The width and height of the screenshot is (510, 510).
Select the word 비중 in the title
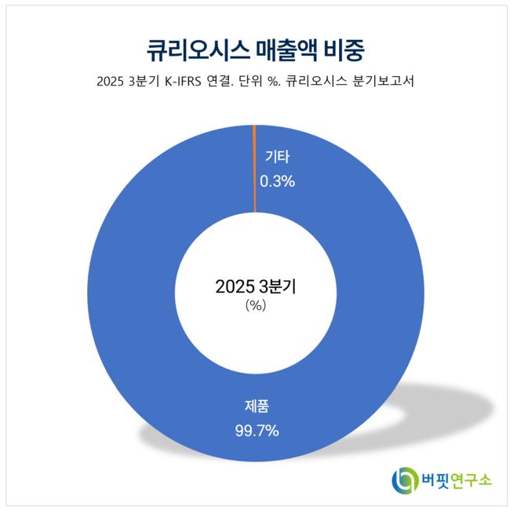(341, 50)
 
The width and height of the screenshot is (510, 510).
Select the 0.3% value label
(277, 181)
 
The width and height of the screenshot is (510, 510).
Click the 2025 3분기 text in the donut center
(255, 287)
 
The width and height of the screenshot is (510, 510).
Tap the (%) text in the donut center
(255, 306)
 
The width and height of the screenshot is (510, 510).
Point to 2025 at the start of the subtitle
(111, 80)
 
